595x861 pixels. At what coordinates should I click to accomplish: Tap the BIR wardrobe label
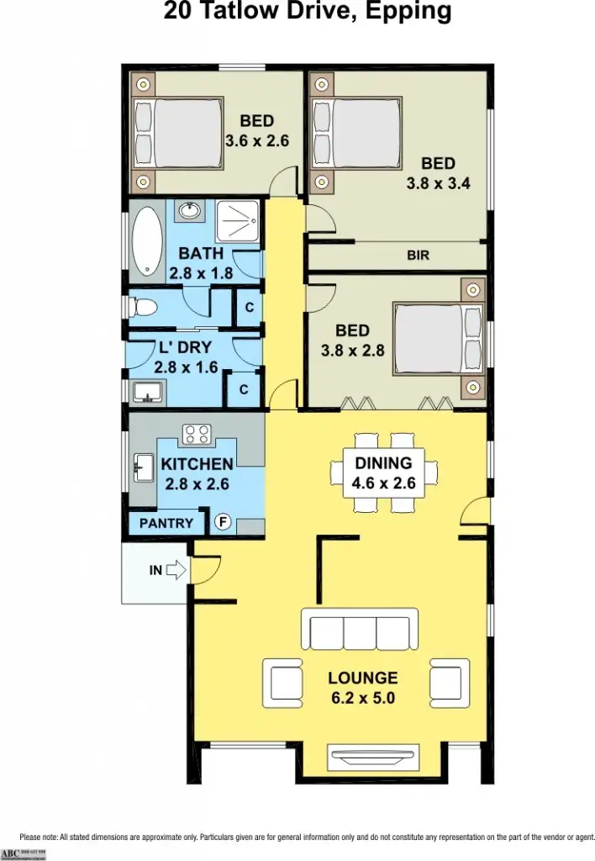[418, 256]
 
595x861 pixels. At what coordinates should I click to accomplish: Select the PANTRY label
[166, 523]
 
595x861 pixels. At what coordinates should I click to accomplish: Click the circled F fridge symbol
[223, 522]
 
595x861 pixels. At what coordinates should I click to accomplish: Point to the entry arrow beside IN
[176, 571]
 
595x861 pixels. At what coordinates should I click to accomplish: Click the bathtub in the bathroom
[150, 244]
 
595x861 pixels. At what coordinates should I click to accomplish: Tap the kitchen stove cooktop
[197, 435]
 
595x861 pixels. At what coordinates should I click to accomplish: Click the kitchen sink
[141, 465]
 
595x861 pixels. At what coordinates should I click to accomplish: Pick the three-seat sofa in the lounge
[359, 630]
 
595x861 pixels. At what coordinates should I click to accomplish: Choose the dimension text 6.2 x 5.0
[362, 697]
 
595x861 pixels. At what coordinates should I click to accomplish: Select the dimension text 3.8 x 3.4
[438, 182]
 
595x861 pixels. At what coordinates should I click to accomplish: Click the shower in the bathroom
[240, 222]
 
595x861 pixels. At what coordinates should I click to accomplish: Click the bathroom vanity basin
[190, 209]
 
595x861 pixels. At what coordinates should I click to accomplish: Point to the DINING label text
[383, 462]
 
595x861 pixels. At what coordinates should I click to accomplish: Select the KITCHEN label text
[197, 464]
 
